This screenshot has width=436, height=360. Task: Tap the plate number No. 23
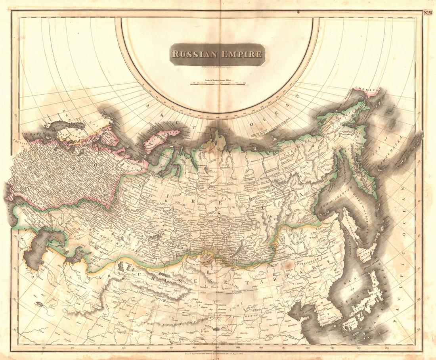(428, 12)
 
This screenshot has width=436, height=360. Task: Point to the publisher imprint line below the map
(218, 352)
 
